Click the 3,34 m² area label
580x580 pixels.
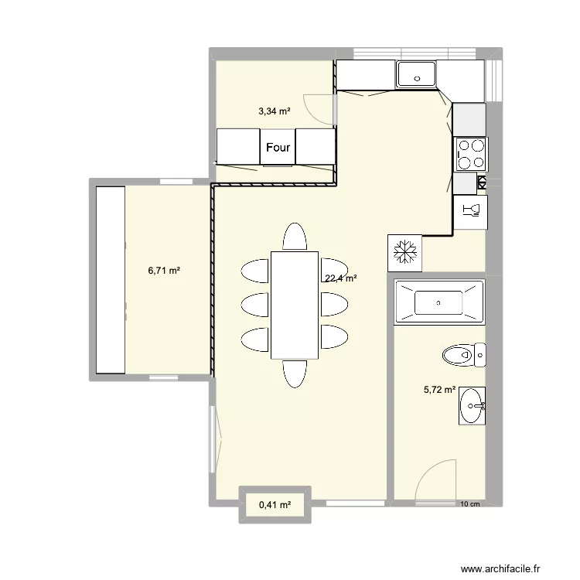pyautogui.click(x=275, y=111)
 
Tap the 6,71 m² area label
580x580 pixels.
pyautogui.click(x=164, y=271)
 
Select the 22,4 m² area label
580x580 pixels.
pyautogui.click(x=340, y=278)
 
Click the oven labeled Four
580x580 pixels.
pyautogui.click(x=278, y=147)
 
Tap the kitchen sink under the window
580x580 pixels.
pyautogui.click(x=418, y=76)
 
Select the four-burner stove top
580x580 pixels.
pyautogui.click(x=470, y=153)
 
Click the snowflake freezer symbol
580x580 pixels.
pyautogui.click(x=405, y=251)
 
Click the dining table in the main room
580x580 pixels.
pyautogui.click(x=294, y=305)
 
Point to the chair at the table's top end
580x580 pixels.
pyautogui.click(x=294, y=236)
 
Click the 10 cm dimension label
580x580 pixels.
pyautogui.click(x=469, y=505)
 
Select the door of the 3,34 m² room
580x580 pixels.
pyautogui.click(x=319, y=107)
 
